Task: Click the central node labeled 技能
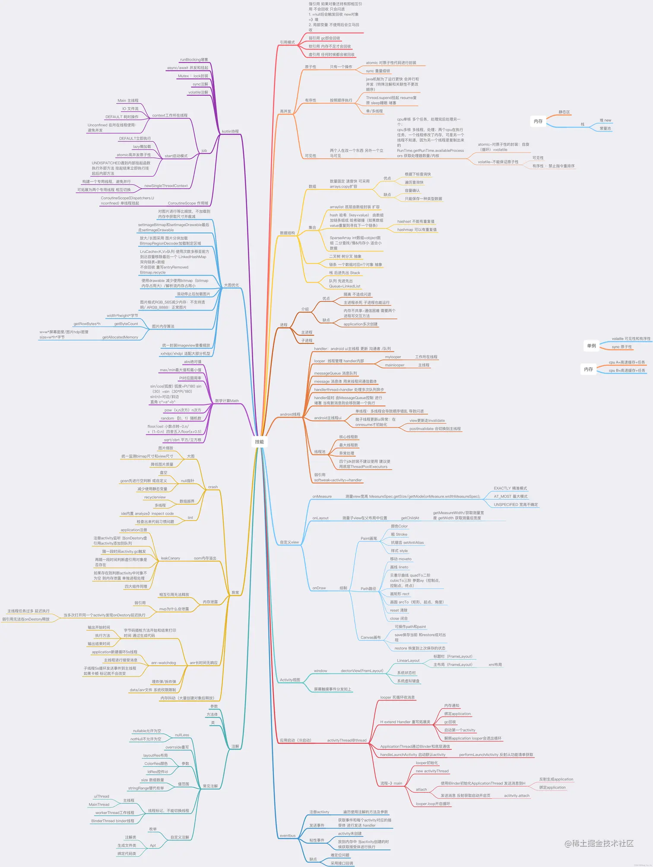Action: tap(259, 442)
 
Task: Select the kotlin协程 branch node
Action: tap(230, 132)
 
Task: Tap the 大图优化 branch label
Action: tap(231, 285)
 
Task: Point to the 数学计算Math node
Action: tap(227, 401)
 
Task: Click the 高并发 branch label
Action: tap(285, 111)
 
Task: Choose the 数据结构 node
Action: tap(287, 233)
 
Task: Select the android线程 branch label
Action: tap(290, 414)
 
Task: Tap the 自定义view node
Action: tap(289, 542)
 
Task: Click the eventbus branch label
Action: tap(288, 836)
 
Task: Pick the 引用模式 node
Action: tap(287, 42)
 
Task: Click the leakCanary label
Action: tap(170, 558)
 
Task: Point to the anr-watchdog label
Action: tap(163, 663)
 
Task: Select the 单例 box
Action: tap(591, 346)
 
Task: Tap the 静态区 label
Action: tap(564, 112)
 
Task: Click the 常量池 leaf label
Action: tap(605, 129)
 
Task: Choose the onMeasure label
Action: tap(322, 496)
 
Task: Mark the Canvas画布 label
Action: tap(371, 638)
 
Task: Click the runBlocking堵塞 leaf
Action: tap(194, 60)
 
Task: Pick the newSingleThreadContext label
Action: tap(166, 186)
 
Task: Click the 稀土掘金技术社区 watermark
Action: tap(599, 843)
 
